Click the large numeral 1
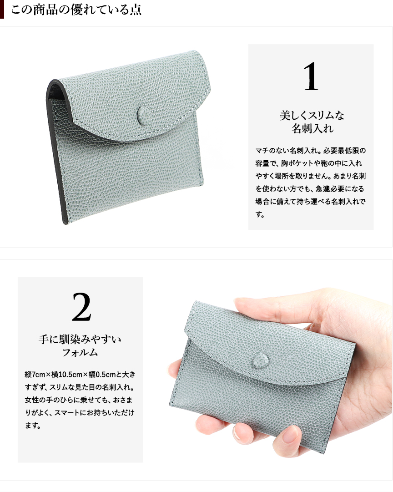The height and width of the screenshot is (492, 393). tap(311, 76)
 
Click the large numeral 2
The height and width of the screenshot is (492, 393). tap(81, 307)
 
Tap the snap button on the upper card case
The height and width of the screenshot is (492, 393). tap(143, 112)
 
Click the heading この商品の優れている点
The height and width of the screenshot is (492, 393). tap(76, 10)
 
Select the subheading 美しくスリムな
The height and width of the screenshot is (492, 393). tap(312, 116)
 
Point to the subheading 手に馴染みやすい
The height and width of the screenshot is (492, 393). tap(80, 340)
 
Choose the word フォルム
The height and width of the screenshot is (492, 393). tap(80, 352)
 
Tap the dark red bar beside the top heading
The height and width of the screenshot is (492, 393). tap(2, 10)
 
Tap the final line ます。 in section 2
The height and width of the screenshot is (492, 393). tap(33, 426)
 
